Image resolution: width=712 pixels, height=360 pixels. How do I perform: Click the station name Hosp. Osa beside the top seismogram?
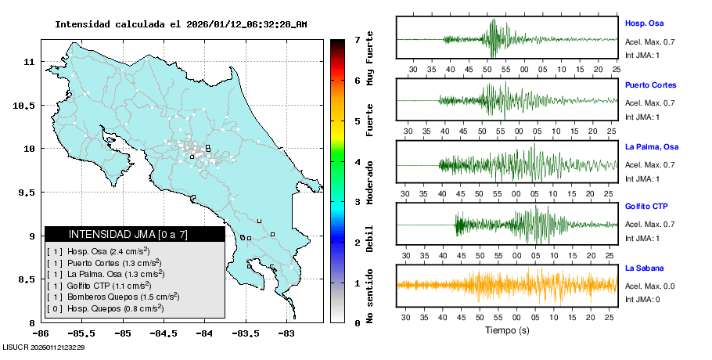(x=644, y=24)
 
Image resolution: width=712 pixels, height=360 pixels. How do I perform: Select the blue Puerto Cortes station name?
(x=650, y=85)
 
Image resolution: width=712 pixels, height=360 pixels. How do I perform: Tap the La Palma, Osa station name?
(x=652, y=147)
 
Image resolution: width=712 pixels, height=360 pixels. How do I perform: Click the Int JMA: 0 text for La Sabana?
(x=642, y=299)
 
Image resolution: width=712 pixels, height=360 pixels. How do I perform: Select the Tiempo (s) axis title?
(x=507, y=330)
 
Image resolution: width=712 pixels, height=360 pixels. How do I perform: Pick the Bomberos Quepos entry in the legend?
(x=113, y=297)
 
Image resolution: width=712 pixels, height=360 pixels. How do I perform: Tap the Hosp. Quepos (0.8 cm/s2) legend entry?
(x=105, y=308)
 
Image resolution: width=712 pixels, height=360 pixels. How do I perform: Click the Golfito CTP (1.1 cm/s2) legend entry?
(x=105, y=285)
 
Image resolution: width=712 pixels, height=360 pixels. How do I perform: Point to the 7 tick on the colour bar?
(x=357, y=39)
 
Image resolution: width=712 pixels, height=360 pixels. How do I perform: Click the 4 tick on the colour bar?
(x=357, y=162)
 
